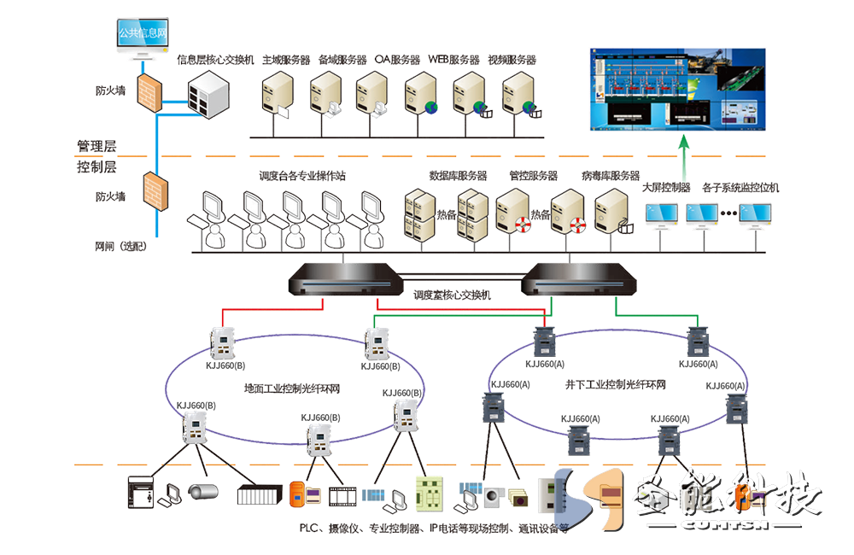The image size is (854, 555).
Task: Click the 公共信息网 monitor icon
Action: pyautogui.click(x=142, y=38)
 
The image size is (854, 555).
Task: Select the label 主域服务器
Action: pyautogui.click(x=286, y=61)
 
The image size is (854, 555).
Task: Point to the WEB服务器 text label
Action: pyautogui.click(x=453, y=61)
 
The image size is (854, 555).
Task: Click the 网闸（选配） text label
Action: pyautogui.click(x=120, y=246)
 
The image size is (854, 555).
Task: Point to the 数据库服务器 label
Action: pyautogui.click(x=458, y=176)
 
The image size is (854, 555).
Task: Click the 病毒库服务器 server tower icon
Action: pyautogui.click(x=612, y=210)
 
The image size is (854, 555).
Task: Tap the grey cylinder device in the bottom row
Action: pyautogui.click(x=203, y=493)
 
